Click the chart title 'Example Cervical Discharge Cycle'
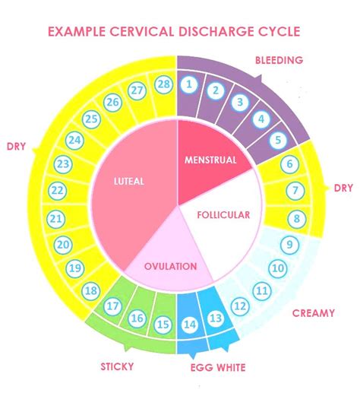click(x=174, y=32)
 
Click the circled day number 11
click(x=262, y=290)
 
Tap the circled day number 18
click(x=90, y=290)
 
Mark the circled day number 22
click(x=56, y=190)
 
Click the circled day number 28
click(x=163, y=84)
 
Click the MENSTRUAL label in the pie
click(x=210, y=160)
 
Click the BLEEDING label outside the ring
click(x=279, y=59)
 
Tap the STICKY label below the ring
click(x=118, y=366)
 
